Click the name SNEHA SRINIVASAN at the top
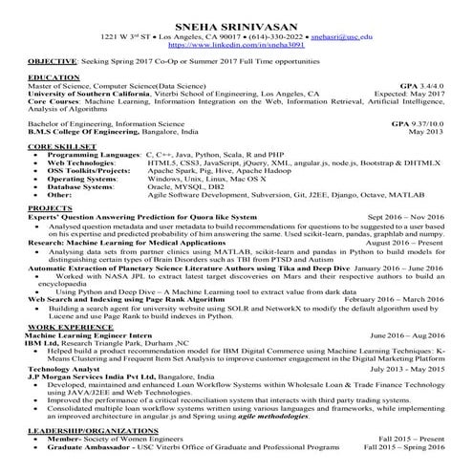235,12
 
